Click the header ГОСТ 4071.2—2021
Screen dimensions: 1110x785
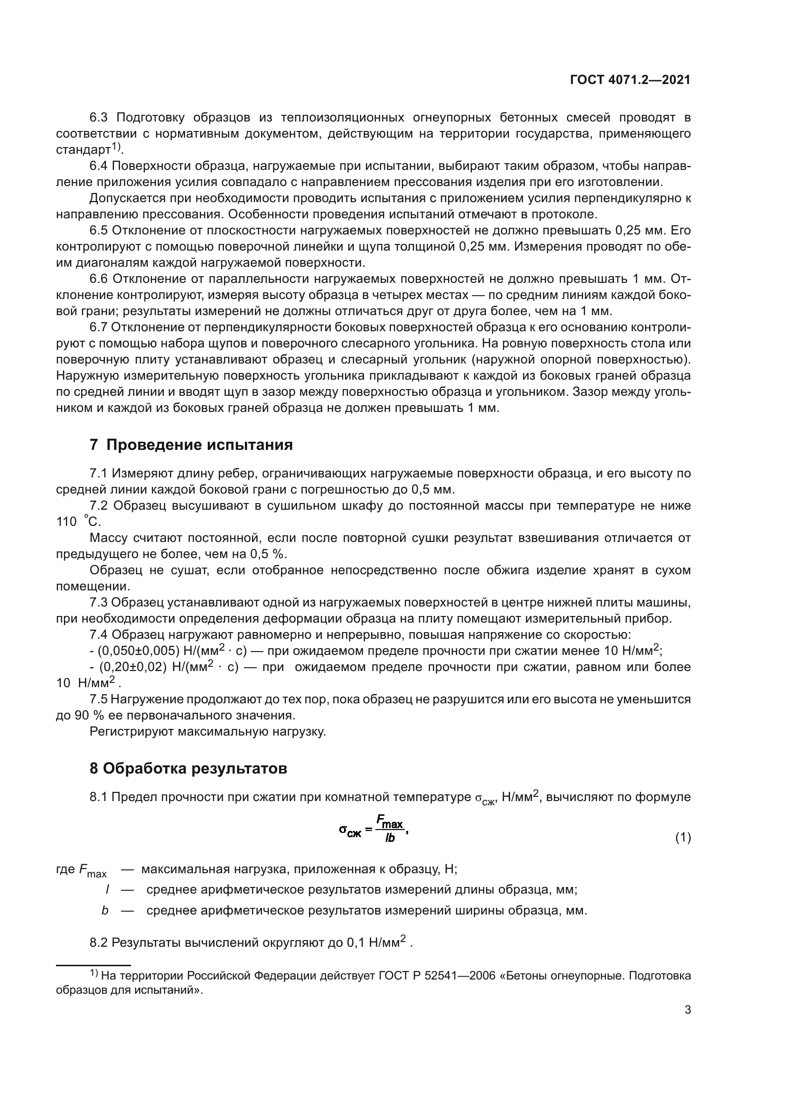(630, 80)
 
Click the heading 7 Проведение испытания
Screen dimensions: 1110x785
(191, 445)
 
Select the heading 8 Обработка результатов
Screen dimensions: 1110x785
(188, 768)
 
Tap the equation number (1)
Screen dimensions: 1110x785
(682, 837)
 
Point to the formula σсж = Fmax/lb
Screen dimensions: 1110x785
(374, 829)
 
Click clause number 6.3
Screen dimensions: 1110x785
(99, 118)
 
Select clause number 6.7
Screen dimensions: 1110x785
(99, 327)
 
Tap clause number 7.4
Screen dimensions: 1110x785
(99, 634)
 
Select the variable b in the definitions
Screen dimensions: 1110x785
(105, 911)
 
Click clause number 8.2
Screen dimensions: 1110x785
(99, 942)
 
